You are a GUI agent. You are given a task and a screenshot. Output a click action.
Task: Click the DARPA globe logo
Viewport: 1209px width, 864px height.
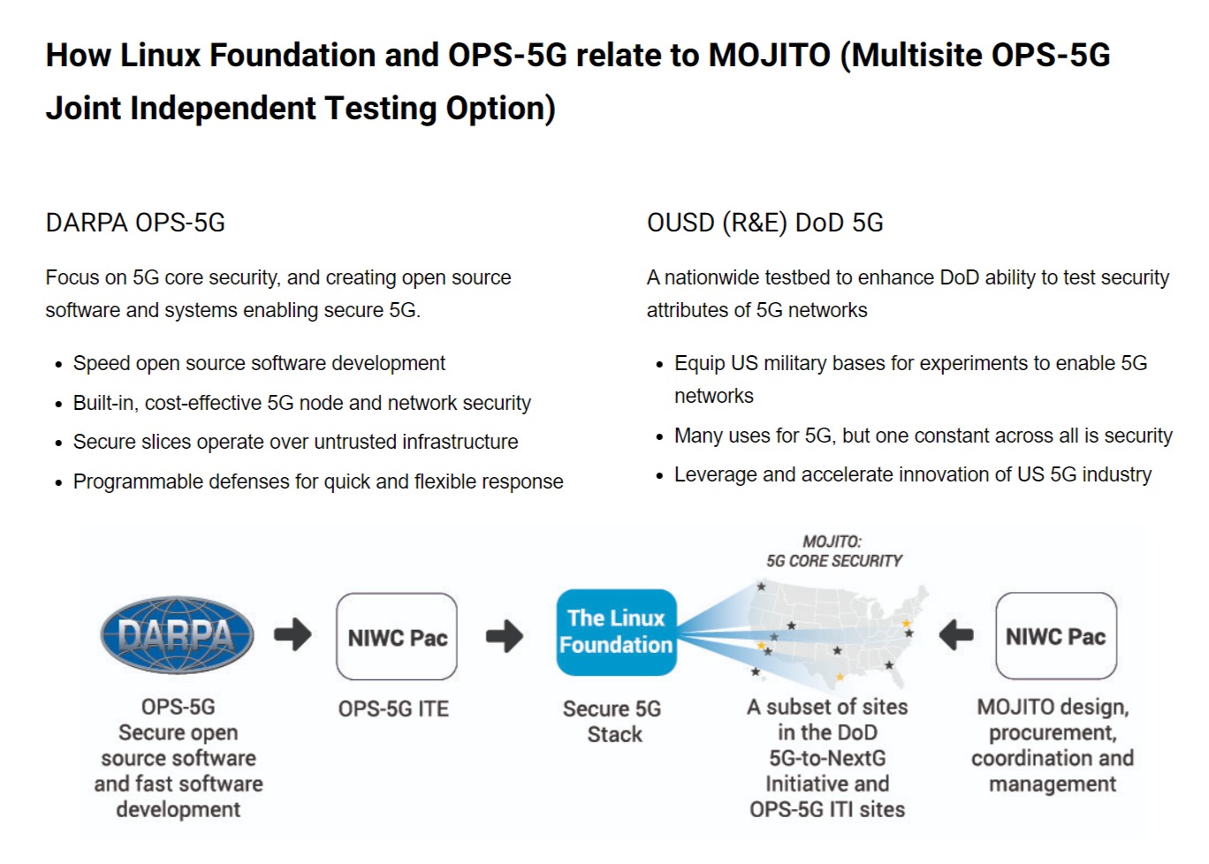(178, 634)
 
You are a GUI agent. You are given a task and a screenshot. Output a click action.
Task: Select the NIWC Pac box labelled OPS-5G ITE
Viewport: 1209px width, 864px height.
(397, 637)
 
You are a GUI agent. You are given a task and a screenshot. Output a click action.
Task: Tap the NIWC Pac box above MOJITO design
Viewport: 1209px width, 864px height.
(1055, 636)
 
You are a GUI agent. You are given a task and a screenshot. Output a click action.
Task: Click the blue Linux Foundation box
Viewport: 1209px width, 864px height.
(616, 632)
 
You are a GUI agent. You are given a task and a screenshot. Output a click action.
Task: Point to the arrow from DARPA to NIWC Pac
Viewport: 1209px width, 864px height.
(293, 634)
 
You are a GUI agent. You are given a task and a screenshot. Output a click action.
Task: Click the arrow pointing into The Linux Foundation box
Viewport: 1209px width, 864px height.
(505, 635)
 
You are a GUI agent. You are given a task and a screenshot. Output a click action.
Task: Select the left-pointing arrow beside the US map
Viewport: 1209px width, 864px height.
(955, 634)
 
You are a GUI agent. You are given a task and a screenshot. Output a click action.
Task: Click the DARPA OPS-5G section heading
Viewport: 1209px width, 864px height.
(135, 223)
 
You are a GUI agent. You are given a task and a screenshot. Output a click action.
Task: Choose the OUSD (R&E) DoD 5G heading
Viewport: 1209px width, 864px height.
(764, 223)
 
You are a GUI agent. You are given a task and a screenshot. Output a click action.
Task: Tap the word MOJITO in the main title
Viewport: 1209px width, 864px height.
(769, 55)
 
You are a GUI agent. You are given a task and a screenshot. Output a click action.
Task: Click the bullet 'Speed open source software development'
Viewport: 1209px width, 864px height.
(259, 363)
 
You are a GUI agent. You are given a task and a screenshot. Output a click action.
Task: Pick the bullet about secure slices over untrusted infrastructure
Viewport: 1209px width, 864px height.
(295, 442)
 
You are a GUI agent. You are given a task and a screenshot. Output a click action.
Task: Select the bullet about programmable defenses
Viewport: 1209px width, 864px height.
(317, 481)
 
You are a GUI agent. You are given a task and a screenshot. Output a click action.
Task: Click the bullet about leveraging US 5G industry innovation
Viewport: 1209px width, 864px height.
(912, 474)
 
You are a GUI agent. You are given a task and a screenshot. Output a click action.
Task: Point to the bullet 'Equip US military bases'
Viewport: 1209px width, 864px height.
(910, 363)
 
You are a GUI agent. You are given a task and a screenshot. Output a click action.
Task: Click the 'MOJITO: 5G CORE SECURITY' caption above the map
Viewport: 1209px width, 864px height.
(833, 551)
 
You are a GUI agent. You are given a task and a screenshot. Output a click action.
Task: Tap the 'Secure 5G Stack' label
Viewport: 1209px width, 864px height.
(613, 721)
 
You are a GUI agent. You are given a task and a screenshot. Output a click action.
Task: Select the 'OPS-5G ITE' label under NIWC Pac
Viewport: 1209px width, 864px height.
(393, 709)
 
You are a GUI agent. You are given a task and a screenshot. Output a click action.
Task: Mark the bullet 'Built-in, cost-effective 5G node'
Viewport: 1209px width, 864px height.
(301, 403)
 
